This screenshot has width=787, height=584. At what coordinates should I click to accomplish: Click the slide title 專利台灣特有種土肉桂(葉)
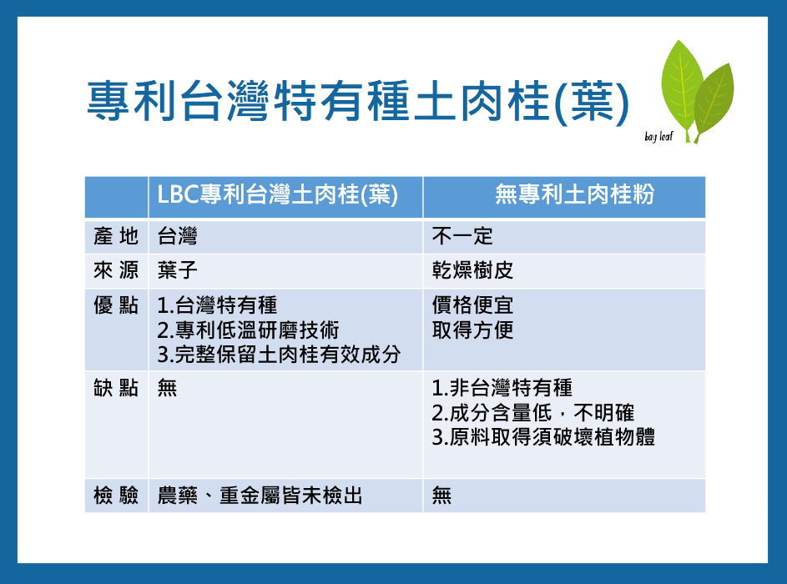pyautogui.click(x=358, y=103)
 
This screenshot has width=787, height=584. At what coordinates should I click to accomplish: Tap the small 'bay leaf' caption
pyautogui.click(x=658, y=137)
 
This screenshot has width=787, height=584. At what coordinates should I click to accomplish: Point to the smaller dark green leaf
pyautogui.click(x=714, y=100)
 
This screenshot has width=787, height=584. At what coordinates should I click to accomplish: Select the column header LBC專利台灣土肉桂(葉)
pyautogui.click(x=278, y=194)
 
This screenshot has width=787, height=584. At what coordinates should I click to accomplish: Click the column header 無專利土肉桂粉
pyautogui.click(x=575, y=194)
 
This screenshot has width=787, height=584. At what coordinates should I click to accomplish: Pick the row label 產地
pyautogui.click(x=116, y=236)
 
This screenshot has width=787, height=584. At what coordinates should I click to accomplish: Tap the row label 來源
pyautogui.click(x=116, y=271)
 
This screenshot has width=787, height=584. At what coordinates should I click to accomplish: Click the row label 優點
pyautogui.click(x=116, y=305)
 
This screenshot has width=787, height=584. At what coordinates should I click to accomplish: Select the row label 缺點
pyautogui.click(x=116, y=388)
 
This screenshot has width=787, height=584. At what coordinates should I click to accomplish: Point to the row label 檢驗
pyautogui.click(x=116, y=496)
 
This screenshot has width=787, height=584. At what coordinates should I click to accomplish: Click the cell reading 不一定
pyautogui.click(x=462, y=236)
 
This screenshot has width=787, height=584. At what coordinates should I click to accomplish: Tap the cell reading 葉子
pyautogui.click(x=177, y=271)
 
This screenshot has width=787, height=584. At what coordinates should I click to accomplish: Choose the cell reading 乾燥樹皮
pyautogui.click(x=473, y=271)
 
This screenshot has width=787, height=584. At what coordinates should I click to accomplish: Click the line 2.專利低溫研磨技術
pyautogui.click(x=248, y=330)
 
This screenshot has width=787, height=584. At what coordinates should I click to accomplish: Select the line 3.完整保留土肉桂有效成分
pyautogui.click(x=279, y=355)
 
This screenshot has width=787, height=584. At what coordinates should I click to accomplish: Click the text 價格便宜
pyautogui.click(x=473, y=305)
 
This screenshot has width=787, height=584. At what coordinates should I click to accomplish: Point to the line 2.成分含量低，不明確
pyautogui.click(x=533, y=413)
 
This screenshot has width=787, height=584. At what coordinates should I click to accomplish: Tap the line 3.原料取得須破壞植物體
pyautogui.click(x=543, y=437)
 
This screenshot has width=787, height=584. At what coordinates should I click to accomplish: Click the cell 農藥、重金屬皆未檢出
pyautogui.click(x=260, y=496)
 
